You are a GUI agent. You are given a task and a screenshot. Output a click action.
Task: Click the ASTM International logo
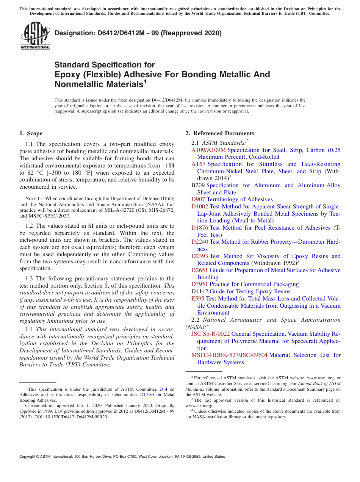(x=35, y=36)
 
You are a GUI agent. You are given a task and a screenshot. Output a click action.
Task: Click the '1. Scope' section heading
(x=31, y=133)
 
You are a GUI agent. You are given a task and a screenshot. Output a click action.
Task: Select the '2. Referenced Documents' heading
(x=219, y=133)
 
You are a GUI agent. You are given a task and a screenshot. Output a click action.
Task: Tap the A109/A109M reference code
(x=208, y=150)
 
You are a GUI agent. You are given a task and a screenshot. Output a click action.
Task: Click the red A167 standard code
(x=199, y=164)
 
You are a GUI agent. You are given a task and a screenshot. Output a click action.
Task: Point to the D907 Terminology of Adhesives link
(x=232, y=199)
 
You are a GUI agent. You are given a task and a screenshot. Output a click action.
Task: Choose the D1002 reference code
(x=200, y=207)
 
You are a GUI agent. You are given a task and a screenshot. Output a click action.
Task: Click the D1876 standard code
(x=200, y=228)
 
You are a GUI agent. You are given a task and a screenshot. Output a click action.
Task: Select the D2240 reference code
(x=200, y=242)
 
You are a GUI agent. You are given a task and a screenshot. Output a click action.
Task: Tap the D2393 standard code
(x=200, y=256)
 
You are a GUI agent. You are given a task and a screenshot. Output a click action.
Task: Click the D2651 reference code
(x=200, y=270)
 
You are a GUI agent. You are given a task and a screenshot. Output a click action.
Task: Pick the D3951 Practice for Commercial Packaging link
(x=245, y=284)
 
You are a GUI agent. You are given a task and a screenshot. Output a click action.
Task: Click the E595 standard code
(x=198, y=299)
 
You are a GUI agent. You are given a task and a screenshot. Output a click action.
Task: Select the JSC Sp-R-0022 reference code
(x=210, y=334)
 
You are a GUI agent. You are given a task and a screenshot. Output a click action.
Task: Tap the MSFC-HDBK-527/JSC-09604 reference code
(x=229, y=355)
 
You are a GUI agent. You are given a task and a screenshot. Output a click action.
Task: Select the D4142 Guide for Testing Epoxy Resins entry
(x=241, y=291)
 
